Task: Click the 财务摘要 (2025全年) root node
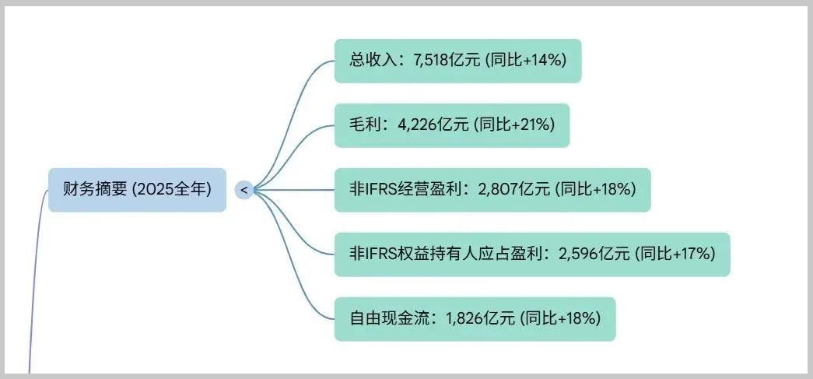(137, 189)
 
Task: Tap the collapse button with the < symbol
(244, 189)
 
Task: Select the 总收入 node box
(457, 61)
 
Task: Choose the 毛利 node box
(451, 125)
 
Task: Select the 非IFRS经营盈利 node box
(492, 189)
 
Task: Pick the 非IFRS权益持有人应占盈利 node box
(532, 254)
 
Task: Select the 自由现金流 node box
(475, 318)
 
